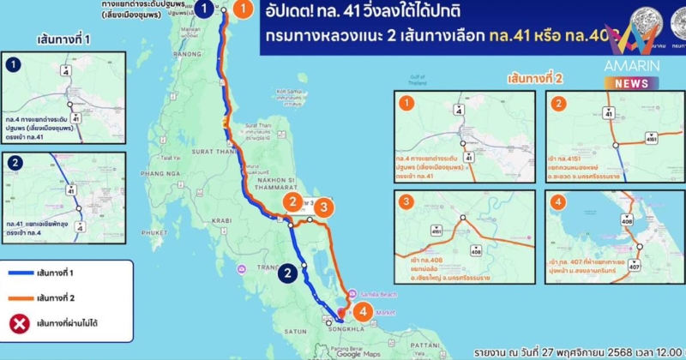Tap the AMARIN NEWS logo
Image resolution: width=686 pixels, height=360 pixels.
[632, 61]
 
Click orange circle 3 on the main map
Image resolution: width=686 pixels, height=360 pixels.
[323, 207]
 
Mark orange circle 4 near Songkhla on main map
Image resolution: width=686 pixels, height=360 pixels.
[364, 312]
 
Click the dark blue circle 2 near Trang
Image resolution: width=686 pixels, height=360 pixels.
[289, 273]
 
